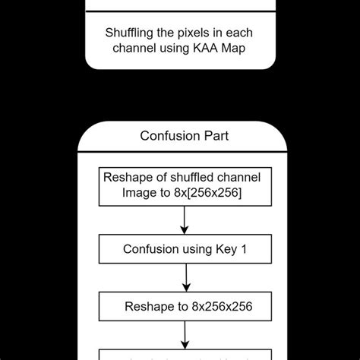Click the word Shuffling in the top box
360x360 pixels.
tap(131, 33)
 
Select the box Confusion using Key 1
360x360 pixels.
tap(185, 248)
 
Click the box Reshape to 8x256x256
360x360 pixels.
tap(185, 306)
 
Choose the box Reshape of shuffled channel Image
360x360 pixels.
tap(182, 185)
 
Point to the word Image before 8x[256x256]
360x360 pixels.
tap(139, 193)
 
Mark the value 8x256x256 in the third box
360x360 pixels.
tap(220, 306)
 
